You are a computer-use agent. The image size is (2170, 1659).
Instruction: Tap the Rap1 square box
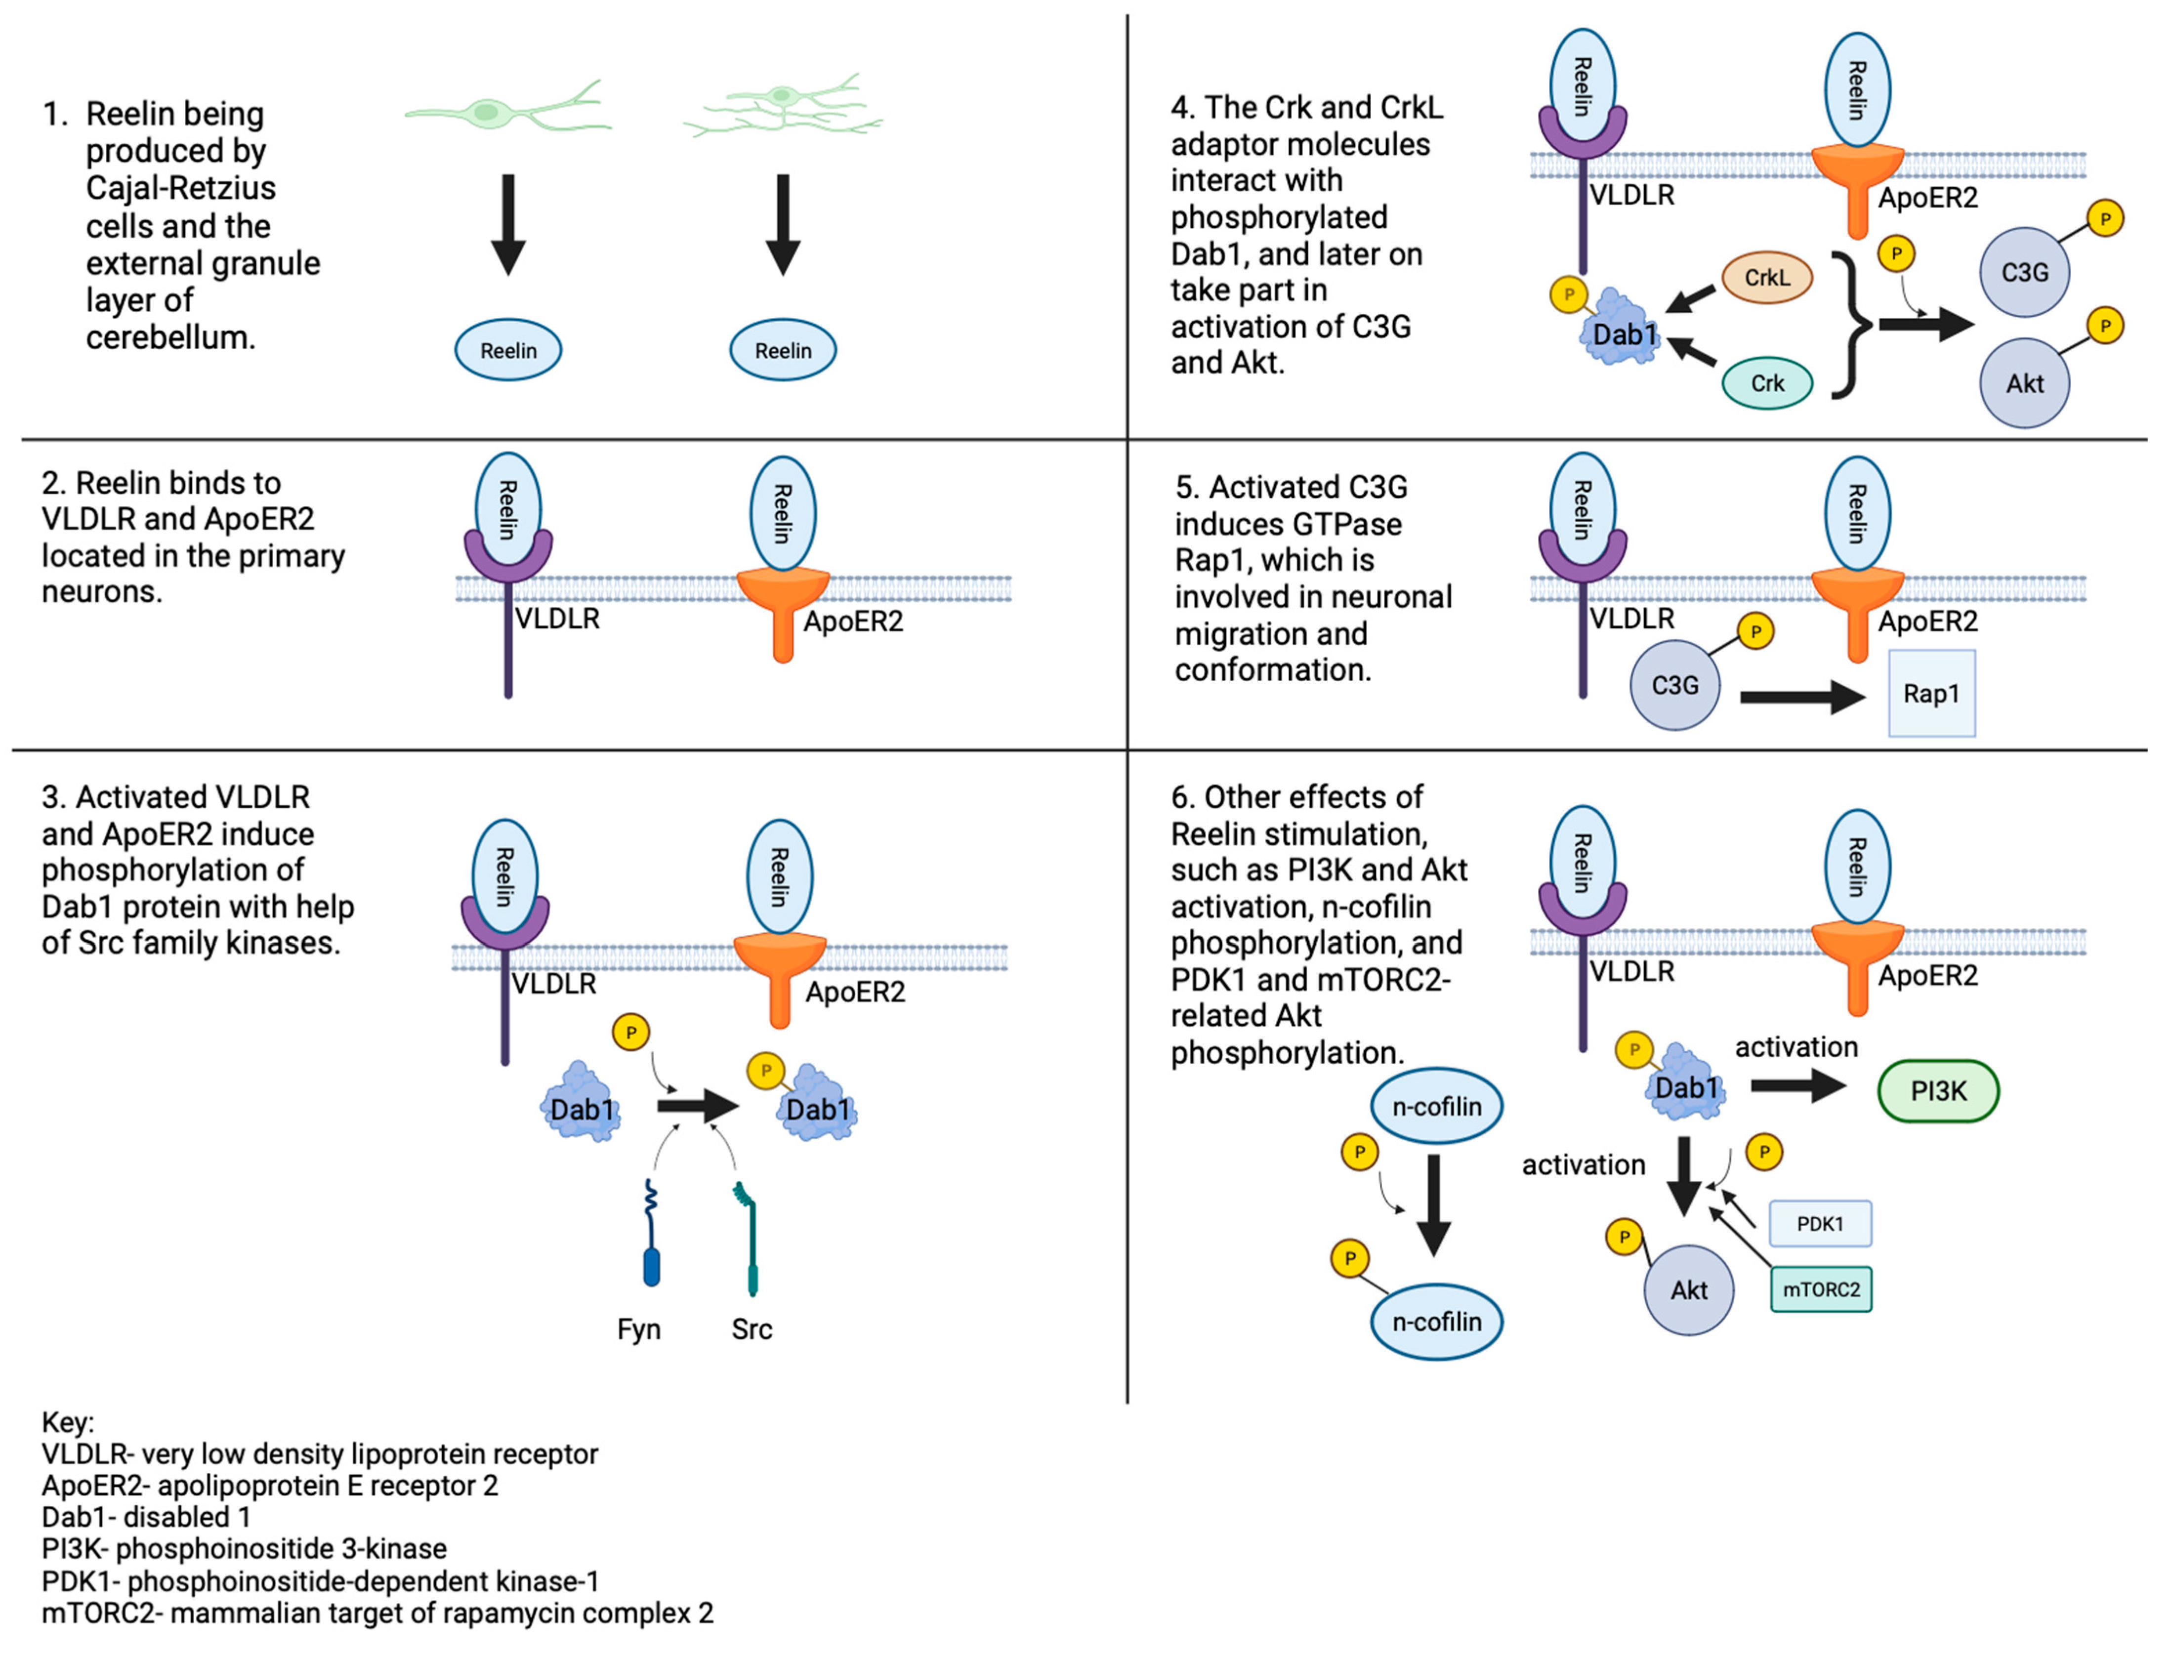pos(1931,693)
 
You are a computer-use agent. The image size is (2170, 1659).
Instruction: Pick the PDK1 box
pos(1819,1224)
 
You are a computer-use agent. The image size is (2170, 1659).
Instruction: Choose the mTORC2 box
pos(1820,1289)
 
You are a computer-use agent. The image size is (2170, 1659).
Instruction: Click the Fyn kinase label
pos(638,1329)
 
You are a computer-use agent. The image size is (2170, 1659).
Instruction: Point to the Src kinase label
pos(751,1329)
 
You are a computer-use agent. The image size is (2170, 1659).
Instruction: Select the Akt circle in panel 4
pos(2024,383)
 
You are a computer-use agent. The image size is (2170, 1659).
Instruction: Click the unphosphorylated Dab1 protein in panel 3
pos(581,1104)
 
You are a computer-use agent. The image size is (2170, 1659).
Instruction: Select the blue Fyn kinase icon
pos(651,1235)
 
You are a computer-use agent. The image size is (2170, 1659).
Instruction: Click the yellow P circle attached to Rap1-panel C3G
pos(1755,631)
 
